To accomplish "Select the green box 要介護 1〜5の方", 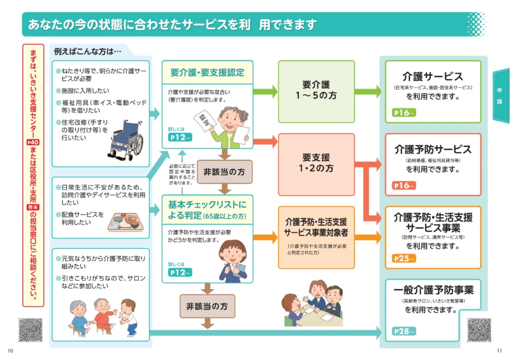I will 316,91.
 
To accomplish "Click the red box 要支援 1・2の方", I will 316,164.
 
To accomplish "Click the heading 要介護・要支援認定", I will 207,72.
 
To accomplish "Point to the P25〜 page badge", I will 404,258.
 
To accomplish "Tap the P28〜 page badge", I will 404,331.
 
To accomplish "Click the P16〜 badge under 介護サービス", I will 404,113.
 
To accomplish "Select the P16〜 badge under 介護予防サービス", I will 404,185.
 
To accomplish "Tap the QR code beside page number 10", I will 30,330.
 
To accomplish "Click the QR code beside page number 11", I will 479,330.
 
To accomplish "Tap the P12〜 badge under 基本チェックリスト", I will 180,272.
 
